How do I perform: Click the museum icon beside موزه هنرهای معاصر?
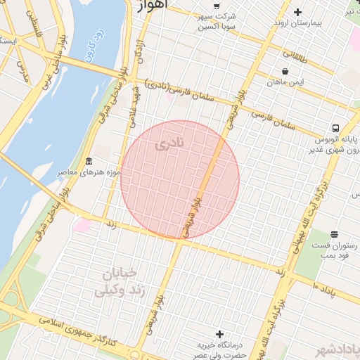(x=89, y=162)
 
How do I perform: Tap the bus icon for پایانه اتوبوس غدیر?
(x=335, y=129)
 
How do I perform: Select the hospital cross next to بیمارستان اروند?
(x=298, y=12)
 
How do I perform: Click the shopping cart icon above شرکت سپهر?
(x=216, y=6)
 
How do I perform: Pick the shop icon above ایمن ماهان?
(x=284, y=71)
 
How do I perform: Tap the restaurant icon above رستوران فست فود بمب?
(x=333, y=233)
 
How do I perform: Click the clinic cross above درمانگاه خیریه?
(x=220, y=333)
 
